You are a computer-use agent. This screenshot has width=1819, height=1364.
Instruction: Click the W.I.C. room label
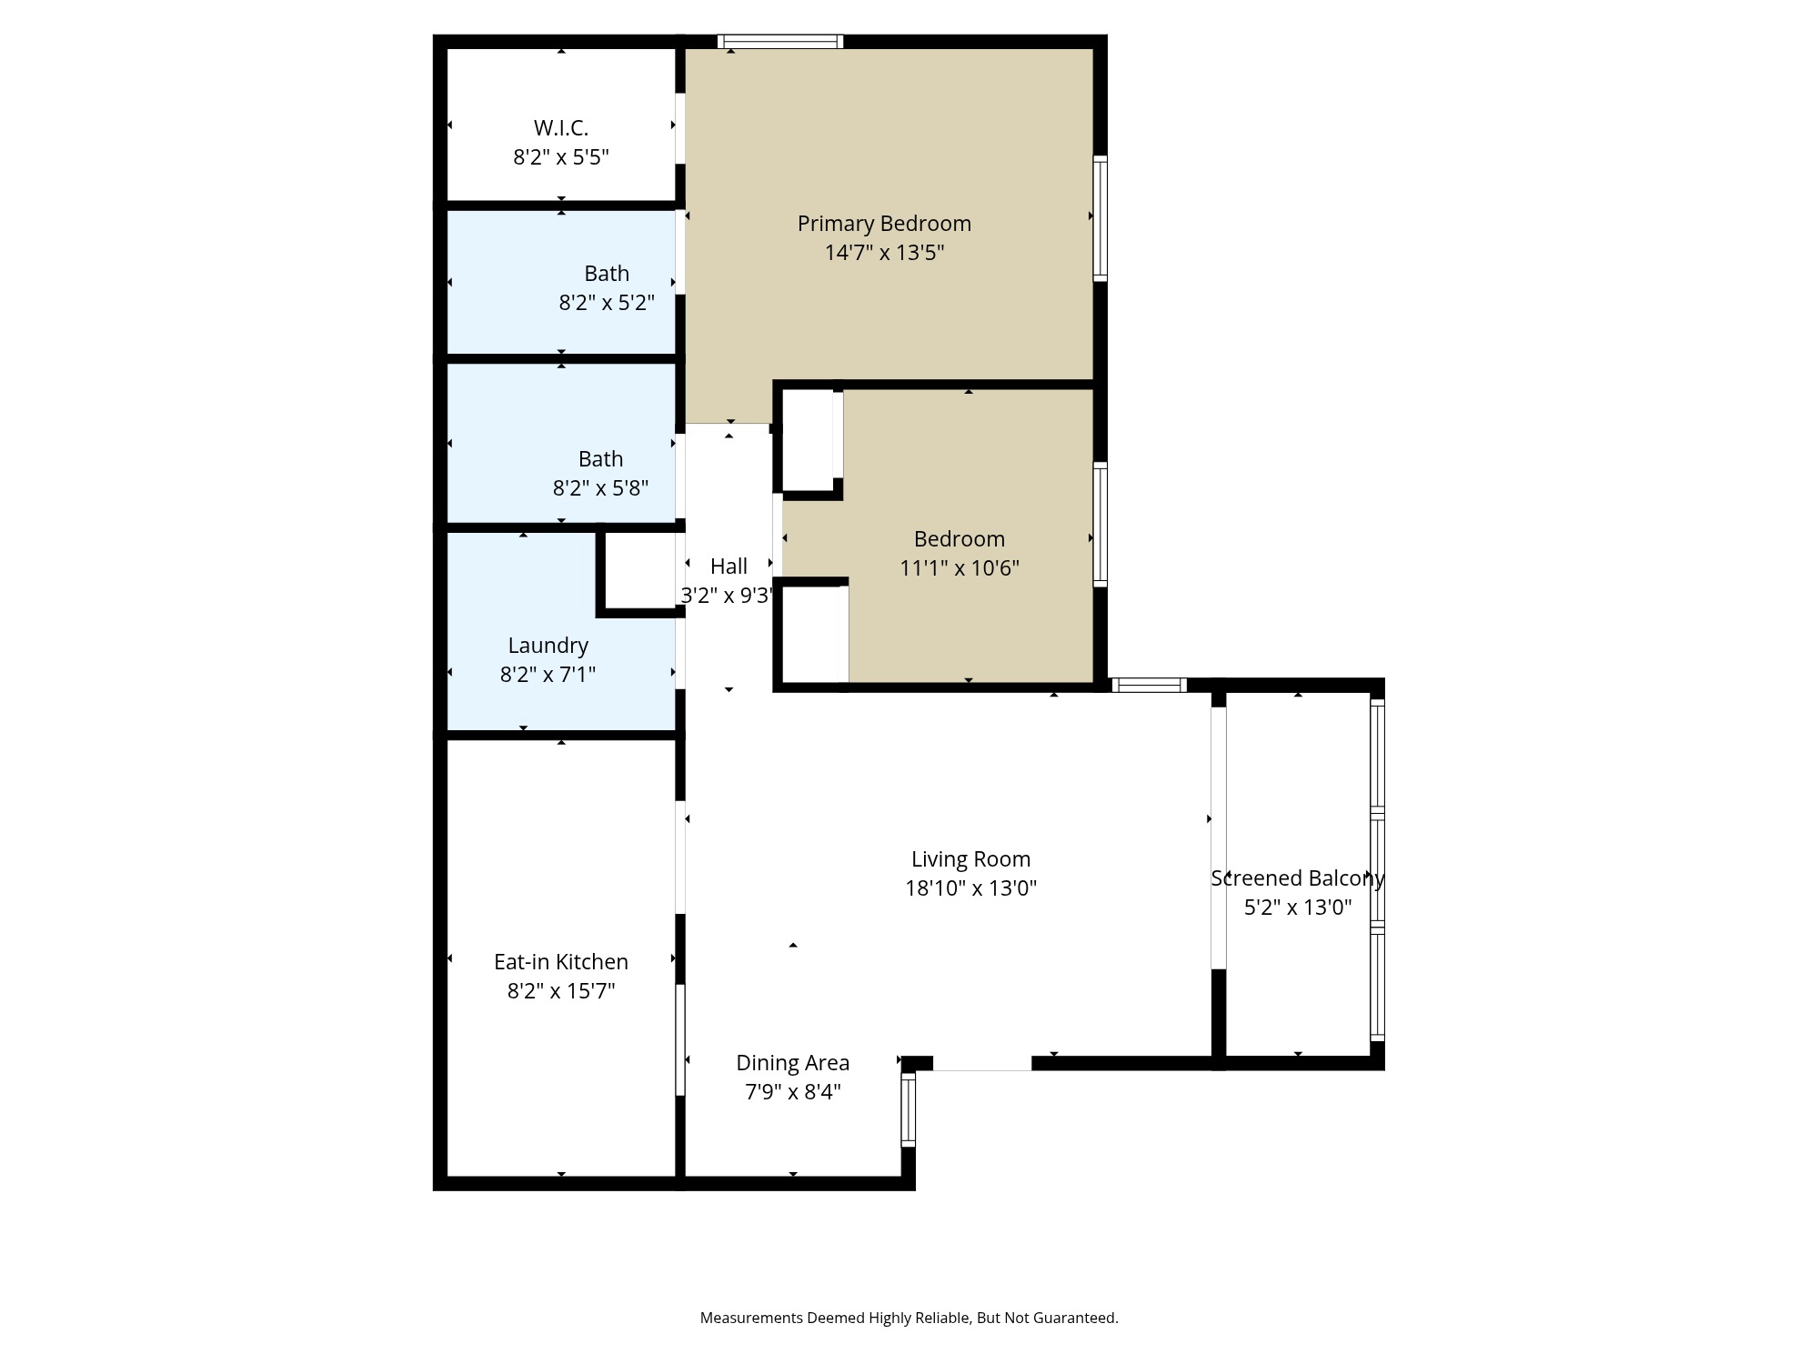pyautogui.click(x=560, y=127)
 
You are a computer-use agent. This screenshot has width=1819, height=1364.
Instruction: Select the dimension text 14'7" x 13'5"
pyautogui.click(x=884, y=253)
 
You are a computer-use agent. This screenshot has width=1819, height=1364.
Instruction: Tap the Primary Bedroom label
pyautogui.click(x=884, y=224)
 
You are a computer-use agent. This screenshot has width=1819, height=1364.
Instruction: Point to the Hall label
pyautogui.click(x=729, y=567)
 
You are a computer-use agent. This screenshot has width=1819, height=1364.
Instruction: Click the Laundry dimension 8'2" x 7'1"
pyautogui.click(x=548, y=675)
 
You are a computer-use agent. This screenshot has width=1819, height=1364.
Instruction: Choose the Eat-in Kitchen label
pyautogui.click(x=560, y=962)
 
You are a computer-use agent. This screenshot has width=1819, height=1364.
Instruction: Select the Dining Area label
pyautogui.click(x=792, y=1063)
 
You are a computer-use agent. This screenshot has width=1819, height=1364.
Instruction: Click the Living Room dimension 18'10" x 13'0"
pyautogui.click(x=970, y=888)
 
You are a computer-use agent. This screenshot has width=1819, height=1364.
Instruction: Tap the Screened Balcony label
pyautogui.click(x=1297, y=878)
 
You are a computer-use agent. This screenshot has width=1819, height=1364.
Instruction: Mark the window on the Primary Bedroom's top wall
pyautogui.click(x=780, y=42)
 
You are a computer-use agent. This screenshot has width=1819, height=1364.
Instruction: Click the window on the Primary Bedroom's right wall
pyautogui.click(x=1100, y=218)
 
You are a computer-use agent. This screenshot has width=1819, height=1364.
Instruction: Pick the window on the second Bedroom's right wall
pyautogui.click(x=1100, y=524)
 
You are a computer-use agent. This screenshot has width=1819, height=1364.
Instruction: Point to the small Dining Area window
pyautogui.click(x=908, y=1108)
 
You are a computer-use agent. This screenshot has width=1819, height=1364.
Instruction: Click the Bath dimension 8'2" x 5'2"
pyautogui.click(x=606, y=303)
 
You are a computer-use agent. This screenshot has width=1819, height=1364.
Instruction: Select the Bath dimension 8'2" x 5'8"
pyautogui.click(x=600, y=488)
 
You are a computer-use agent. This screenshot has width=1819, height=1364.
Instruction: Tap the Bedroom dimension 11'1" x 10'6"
pyautogui.click(x=959, y=568)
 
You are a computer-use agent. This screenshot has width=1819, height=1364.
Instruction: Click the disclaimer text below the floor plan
pyautogui.click(x=909, y=1318)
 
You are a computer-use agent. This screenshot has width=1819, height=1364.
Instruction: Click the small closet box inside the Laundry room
pyautogui.click(x=640, y=571)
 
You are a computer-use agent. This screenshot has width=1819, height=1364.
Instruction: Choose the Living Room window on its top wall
pyautogui.click(x=1149, y=685)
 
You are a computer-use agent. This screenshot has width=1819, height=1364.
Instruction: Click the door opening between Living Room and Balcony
pyautogui.click(x=1218, y=837)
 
